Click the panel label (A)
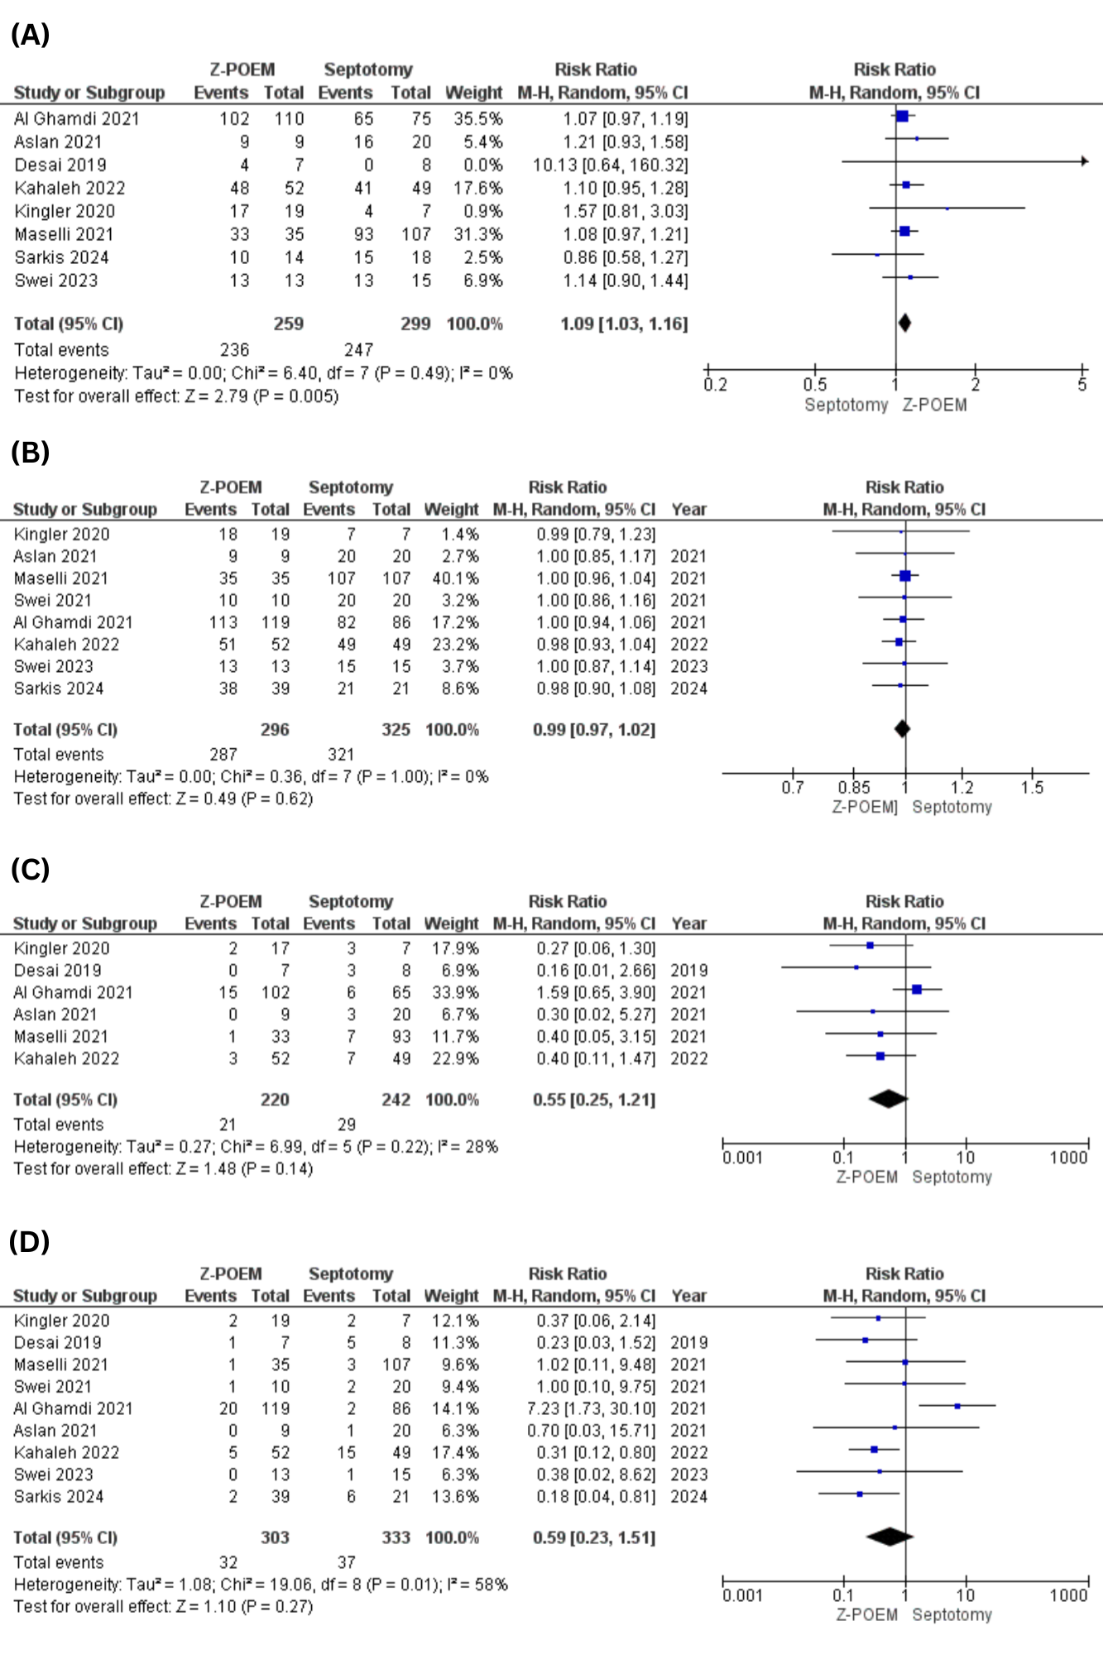pos(30,35)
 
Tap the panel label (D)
pos(30,1241)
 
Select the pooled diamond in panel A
pos(904,324)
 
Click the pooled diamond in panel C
pos(889,1099)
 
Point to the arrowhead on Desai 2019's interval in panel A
pos(1085,161)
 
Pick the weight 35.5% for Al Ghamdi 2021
pos(478,119)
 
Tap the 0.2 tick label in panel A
pos(716,385)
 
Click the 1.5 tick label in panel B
pos(1032,788)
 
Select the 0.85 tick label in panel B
pos(854,788)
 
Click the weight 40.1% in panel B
pos(455,578)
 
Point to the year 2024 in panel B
pos(688,688)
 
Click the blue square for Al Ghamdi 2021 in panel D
pos(957,1406)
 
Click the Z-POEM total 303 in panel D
pos(275,1537)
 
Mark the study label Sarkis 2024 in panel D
pos(59,1496)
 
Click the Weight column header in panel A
pos(473,93)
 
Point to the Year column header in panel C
pos(689,923)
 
